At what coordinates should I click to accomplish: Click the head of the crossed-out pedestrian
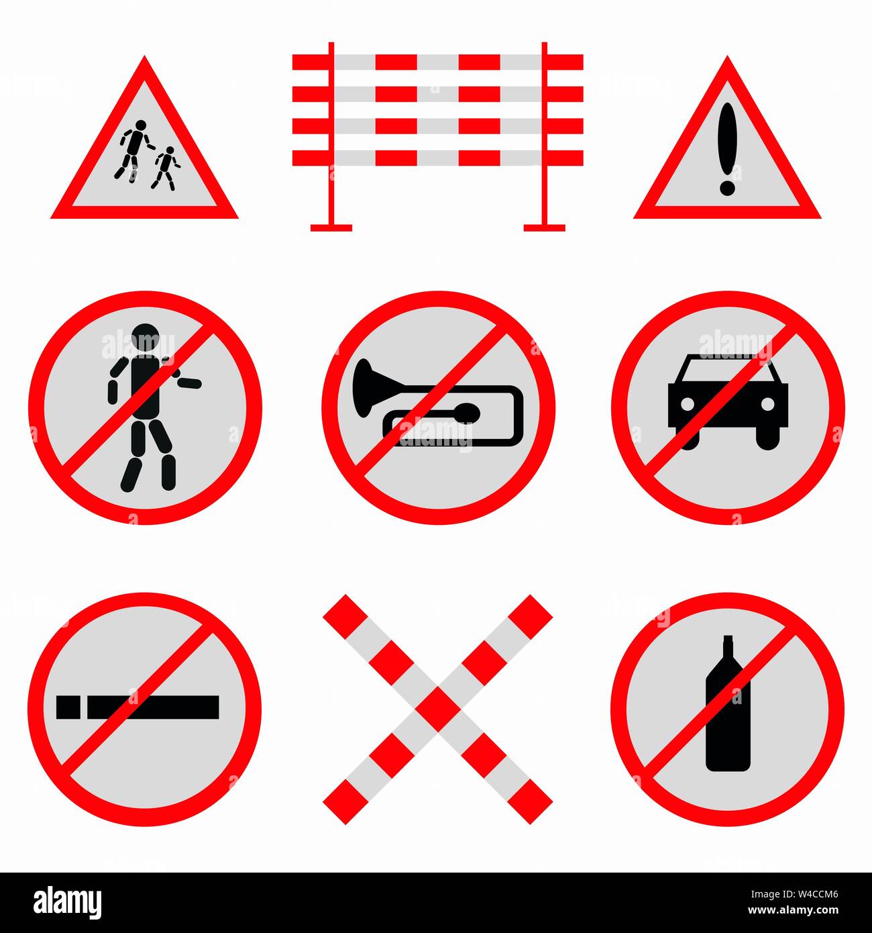[146, 337]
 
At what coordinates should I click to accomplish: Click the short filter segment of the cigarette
[68, 707]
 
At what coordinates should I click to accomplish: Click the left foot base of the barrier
[331, 228]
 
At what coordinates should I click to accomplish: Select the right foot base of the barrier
[544, 228]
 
